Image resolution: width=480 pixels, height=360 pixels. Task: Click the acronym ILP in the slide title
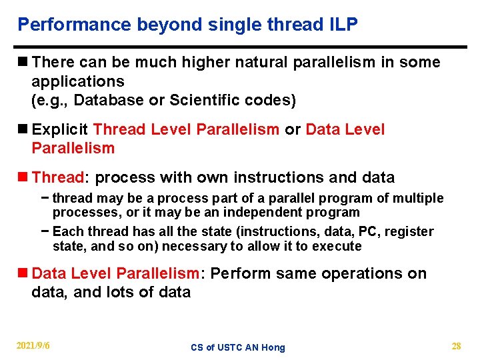click(342, 25)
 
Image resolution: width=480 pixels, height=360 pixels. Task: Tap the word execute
click(338, 247)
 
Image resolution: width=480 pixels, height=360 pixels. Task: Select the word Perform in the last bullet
click(235, 274)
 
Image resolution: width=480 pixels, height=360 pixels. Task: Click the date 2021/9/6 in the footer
click(33, 346)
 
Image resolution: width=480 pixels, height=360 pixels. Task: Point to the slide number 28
click(456, 346)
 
